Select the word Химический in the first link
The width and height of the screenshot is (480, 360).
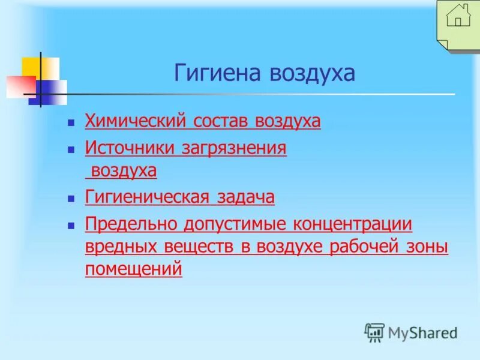pyautogui.click(x=136, y=122)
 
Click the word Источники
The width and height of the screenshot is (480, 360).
pyautogui.click(x=130, y=148)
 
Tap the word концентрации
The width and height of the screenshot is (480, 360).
pyautogui.click(x=353, y=224)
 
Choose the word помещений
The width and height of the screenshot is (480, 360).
pyautogui.click(x=133, y=270)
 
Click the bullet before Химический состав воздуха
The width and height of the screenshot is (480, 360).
pyautogui.click(x=71, y=122)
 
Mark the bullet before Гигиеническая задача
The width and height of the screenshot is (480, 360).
pyautogui.click(x=71, y=197)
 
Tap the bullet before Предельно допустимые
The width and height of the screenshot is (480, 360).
pyautogui.click(x=71, y=225)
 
